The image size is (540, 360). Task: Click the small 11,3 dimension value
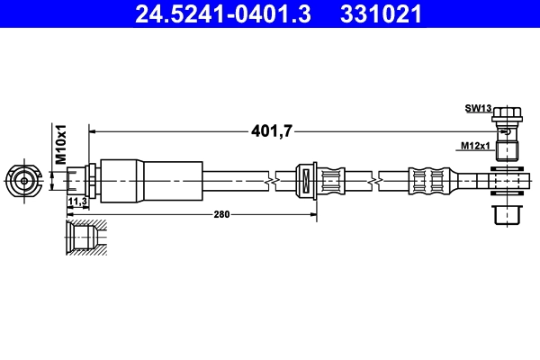pos(77,202)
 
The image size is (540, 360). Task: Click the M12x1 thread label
pos(475,144)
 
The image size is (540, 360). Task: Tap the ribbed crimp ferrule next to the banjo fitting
pos(427,180)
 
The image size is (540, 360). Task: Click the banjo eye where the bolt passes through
pos(508,183)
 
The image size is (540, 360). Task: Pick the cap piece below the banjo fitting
pos(508,216)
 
